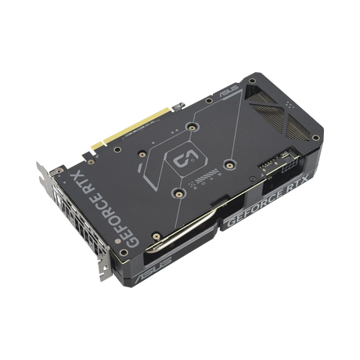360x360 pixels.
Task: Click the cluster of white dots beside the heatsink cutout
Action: click(290, 105)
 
